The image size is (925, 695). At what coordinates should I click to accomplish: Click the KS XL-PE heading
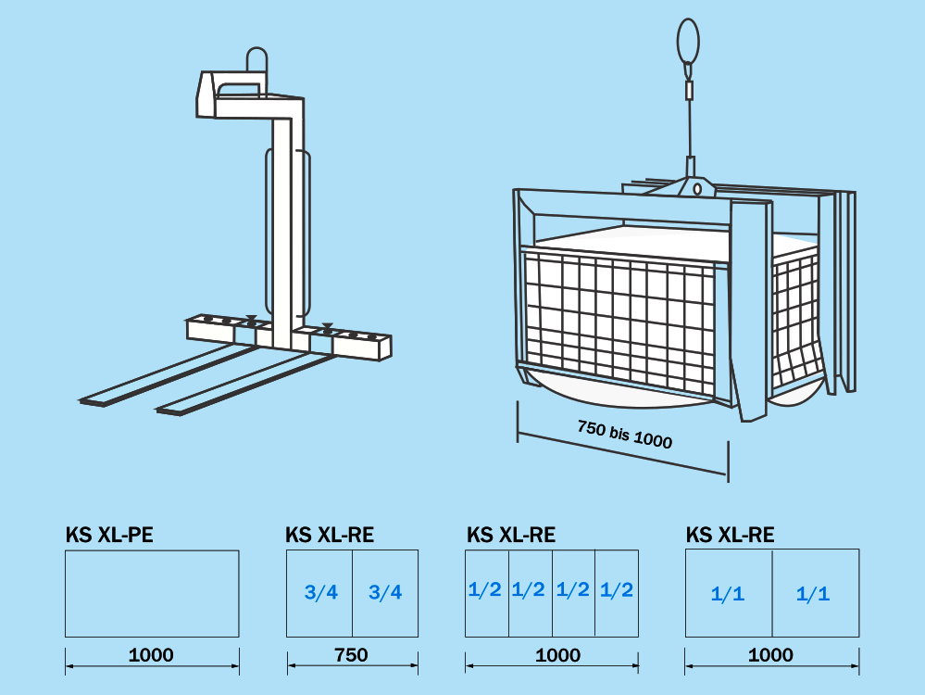(109, 535)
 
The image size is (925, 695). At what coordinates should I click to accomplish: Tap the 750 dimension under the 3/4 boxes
(351, 655)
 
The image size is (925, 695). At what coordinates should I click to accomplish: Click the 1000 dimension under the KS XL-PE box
(151, 655)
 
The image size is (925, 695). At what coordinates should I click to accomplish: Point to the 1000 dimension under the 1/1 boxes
(770, 655)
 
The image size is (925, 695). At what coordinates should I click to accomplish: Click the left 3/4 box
(319, 593)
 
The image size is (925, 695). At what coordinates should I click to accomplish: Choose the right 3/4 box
(385, 593)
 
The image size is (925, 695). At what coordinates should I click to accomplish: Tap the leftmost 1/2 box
(486, 592)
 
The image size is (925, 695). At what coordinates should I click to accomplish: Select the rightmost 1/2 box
(617, 592)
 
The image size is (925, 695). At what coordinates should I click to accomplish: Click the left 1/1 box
(728, 593)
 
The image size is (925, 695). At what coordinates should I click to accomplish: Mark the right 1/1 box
(814, 593)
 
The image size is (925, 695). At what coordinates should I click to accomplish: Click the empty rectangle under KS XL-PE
(152, 593)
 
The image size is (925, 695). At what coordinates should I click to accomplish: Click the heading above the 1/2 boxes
(511, 535)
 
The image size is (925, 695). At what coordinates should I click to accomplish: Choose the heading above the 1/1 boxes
(730, 535)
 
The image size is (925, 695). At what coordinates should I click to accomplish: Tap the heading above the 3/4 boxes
(330, 535)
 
